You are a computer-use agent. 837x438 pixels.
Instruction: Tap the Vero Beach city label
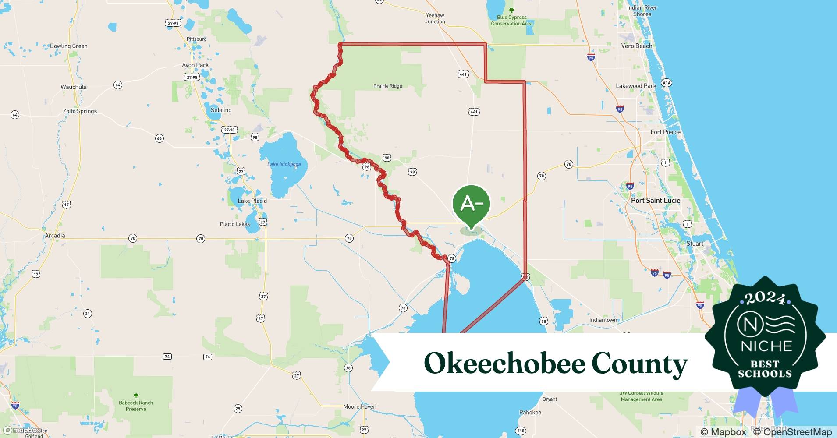click(636, 46)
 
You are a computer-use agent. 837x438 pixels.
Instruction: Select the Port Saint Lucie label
click(656, 201)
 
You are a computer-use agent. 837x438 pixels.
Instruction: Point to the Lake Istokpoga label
click(284, 164)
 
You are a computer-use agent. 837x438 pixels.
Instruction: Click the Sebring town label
click(221, 110)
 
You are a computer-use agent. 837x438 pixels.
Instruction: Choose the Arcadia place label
click(55, 236)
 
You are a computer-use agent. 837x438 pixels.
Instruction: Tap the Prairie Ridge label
click(387, 86)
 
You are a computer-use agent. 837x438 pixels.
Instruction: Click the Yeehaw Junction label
click(435, 18)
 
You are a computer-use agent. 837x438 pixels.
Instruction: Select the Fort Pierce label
click(665, 132)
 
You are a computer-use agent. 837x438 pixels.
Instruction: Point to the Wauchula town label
click(74, 87)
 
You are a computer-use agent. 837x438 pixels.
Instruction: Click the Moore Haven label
click(360, 407)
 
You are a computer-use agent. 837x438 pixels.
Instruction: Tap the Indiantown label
click(603, 320)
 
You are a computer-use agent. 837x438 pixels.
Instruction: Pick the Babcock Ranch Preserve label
click(136, 406)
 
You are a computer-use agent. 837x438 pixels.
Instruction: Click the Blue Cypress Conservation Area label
click(511, 21)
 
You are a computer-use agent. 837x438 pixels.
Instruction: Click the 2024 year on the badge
click(765, 298)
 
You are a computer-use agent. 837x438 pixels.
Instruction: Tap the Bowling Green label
click(69, 46)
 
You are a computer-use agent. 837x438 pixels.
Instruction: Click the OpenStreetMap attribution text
click(792, 432)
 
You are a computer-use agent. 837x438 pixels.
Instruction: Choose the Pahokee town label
click(530, 413)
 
